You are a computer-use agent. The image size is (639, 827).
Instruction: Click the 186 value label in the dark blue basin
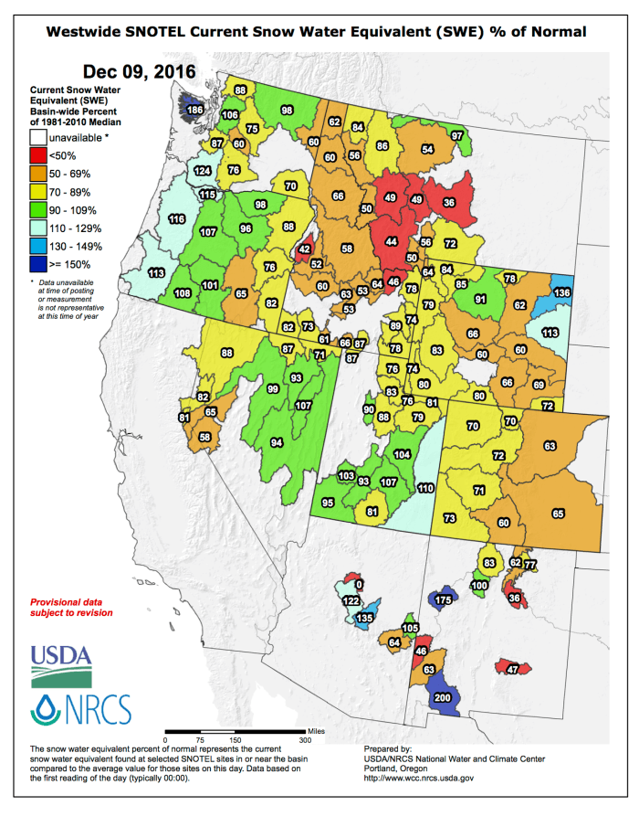[194, 111]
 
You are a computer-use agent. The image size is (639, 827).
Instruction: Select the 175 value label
[444, 599]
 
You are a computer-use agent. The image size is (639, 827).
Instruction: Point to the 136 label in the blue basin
[562, 292]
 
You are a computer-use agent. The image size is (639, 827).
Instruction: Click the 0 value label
[359, 584]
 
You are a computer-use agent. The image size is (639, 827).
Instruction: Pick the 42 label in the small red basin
[304, 249]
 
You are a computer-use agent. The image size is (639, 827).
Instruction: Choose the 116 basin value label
[177, 219]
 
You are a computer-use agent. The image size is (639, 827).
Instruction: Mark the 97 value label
[456, 135]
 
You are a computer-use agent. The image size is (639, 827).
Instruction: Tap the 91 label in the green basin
[481, 299]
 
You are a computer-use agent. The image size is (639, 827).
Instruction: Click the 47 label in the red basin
[513, 670]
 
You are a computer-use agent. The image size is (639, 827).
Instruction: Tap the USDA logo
[61, 664]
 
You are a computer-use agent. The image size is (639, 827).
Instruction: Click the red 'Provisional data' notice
[71, 608]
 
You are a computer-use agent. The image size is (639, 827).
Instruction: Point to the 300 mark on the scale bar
[305, 740]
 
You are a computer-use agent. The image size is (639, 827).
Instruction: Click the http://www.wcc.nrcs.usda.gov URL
[418, 778]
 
